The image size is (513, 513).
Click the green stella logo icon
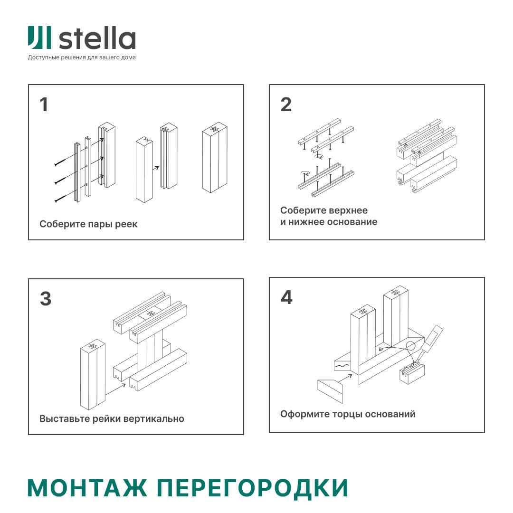(x=39, y=38)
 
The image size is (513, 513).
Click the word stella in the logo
(x=97, y=38)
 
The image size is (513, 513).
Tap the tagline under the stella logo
(x=82, y=57)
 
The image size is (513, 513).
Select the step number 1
(x=44, y=104)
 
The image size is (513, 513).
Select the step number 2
(x=286, y=104)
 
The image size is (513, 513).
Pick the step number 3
(x=45, y=299)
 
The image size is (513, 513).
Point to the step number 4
(x=286, y=297)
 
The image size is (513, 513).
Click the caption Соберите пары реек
(x=88, y=224)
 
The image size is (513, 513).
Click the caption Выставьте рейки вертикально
(x=112, y=419)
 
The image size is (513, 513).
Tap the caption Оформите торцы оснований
(x=348, y=414)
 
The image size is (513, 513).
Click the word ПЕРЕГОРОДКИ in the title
(x=252, y=488)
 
